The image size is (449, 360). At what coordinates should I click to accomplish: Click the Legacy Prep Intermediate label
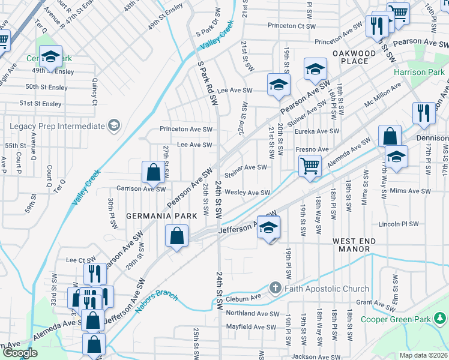coord(57,126)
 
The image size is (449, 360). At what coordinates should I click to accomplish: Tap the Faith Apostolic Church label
coord(319,288)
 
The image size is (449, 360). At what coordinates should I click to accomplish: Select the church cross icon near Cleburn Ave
coord(275,288)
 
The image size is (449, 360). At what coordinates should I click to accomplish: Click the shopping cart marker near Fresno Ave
coord(310,166)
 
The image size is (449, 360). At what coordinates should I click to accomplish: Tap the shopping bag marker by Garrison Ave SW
coord(154,173)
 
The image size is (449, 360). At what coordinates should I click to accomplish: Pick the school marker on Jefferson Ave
coord(269,227)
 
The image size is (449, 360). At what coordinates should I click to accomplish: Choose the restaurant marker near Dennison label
coord(424,114)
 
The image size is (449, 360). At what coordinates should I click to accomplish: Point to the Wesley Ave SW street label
coord(247,193)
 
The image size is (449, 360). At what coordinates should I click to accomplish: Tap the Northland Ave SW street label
coord(253,313)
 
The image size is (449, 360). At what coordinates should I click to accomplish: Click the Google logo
coord(19,353)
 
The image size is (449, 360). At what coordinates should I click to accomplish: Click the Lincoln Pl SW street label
coord(399,224)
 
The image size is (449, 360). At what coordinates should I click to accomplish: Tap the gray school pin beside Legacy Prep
coord(113,125)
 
